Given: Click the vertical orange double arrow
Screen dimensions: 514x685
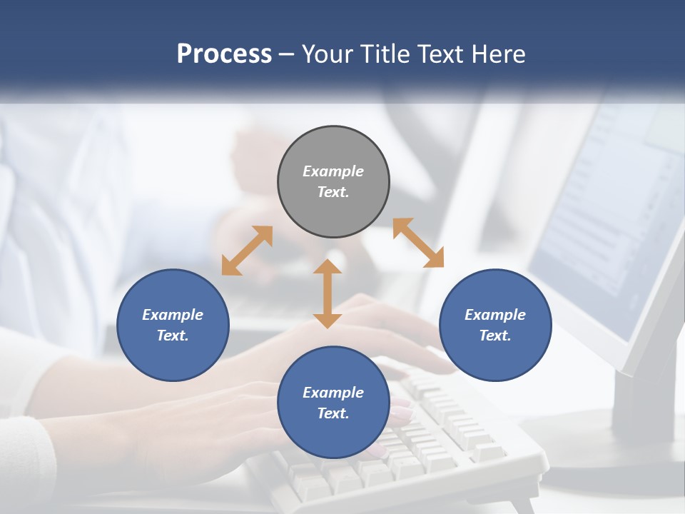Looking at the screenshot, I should [x=328, y=294].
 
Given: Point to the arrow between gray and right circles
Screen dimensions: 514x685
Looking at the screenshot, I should [x=418, y=243].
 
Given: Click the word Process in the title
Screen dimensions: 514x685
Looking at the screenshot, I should [x=224, y=54].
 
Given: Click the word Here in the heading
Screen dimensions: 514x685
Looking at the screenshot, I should [x=497, y=54].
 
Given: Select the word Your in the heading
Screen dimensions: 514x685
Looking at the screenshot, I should [x=329, y=54].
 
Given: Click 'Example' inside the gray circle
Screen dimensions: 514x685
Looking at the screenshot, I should [x=333, y=171].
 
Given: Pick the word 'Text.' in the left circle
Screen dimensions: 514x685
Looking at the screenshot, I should [x=173, y=336].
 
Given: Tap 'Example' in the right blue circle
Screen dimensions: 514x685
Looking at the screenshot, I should [x=495, y=315].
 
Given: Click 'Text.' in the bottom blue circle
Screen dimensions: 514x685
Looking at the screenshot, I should [x=333, y=413].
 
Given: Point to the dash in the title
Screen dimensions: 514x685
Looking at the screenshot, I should [x=287, y=54].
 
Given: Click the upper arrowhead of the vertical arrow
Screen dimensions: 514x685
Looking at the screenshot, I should [x=328, y=267].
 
